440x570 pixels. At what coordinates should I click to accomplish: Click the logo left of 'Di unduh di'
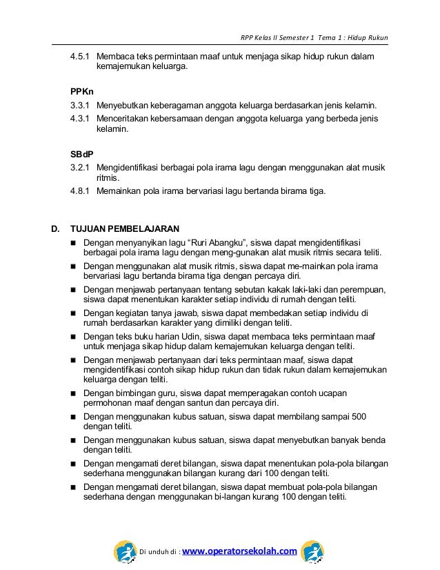[126, 551]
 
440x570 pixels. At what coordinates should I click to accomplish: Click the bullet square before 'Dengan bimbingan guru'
[72, 393]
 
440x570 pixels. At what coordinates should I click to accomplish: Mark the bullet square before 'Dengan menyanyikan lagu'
[72, 244]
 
